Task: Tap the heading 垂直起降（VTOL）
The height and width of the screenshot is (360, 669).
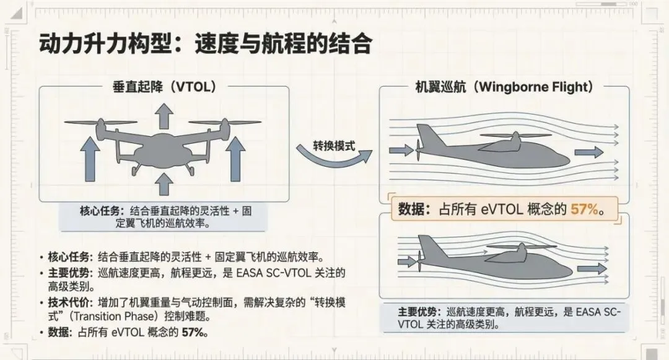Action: coord(165,87)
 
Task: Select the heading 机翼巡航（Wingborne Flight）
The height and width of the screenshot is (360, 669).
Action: coord(504,87)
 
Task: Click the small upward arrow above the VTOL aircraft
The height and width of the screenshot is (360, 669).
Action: coord(164,115)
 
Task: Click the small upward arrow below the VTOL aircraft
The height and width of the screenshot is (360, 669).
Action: coord(164,185)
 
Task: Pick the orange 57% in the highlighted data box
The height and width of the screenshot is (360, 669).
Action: coord(586,209)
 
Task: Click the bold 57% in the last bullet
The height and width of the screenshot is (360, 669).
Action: coord(194,332)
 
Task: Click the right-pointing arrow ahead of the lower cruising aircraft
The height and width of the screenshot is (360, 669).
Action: coord(592,268)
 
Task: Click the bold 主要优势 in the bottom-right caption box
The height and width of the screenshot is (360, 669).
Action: coord(419,312)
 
